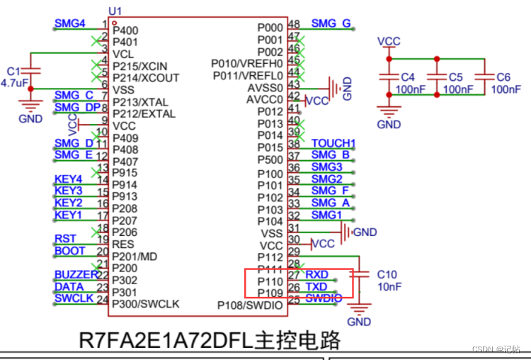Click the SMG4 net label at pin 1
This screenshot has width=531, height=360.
coord(69,23)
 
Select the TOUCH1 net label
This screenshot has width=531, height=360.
coord(333,143)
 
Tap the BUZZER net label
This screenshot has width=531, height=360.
coord(75,274)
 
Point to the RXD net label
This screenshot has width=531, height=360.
coord(316,274)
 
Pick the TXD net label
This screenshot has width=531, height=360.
coord(316,286)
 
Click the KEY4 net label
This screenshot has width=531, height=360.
coord(68,179)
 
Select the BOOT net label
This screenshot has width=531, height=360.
coord(69,250)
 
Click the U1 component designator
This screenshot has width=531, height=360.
coord(115,11)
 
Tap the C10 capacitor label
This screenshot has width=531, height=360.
coord(387,274)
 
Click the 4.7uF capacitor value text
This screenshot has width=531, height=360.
coord(14,83)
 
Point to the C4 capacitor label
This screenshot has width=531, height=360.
coord(408,77)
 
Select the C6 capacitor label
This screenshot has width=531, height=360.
coord(503,77)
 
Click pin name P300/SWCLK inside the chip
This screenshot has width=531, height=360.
coord(146,304)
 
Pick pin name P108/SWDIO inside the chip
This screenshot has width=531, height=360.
coord(249,305)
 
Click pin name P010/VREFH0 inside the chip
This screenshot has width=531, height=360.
coord(247,63)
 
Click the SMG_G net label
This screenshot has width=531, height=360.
coord(331,23)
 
